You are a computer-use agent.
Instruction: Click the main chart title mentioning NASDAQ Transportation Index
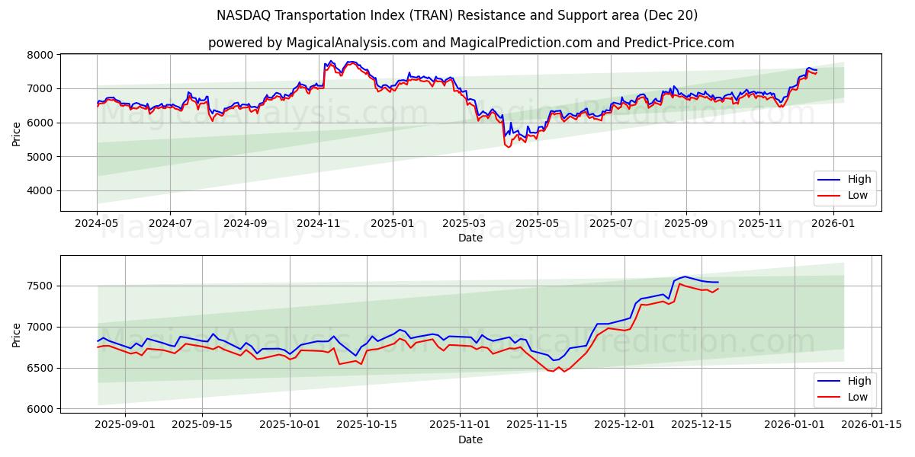coord(457,15)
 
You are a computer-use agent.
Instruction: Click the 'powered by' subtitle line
coord(470,43)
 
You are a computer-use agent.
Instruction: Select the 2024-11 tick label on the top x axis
coord(318,224)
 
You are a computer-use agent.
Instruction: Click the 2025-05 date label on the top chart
coord(537,224)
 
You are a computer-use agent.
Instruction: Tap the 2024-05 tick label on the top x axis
coord(97,224)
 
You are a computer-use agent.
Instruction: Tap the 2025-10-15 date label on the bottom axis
coord(367,425)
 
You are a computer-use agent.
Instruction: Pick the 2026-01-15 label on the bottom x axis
coord(872,425)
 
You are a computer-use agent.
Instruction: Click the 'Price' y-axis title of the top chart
coord(17,133)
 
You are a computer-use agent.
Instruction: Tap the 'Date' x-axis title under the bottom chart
coord(470,439)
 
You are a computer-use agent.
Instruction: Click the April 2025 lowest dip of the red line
coord(509,146)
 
